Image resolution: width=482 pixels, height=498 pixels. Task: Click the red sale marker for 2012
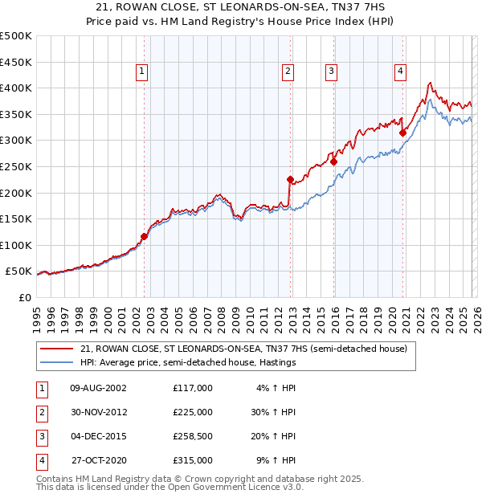click(290, 180)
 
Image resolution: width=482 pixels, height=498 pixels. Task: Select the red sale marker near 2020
click(402, 133)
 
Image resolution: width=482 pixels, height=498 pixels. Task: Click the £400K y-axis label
click(15, 88)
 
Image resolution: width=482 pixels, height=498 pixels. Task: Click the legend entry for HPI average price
click(188, 362)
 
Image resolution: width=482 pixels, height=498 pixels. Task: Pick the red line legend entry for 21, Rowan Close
click(244, 349)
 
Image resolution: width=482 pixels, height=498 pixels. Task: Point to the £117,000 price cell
click(193, 387)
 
